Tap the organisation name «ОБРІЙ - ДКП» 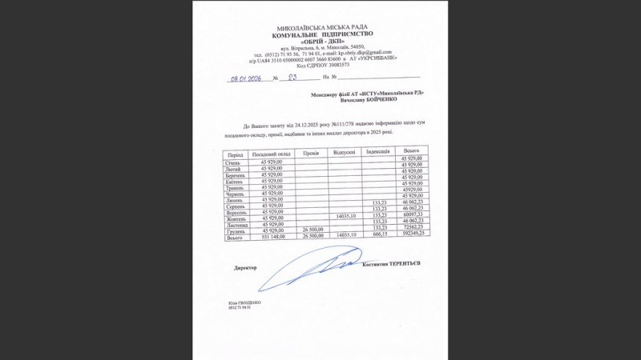(323, 42)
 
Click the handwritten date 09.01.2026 (246, 78)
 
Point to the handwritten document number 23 (292, 78)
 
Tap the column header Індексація (378, 150)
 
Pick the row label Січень (236, 162)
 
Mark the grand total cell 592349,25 (413, 234)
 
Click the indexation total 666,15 (380, 234)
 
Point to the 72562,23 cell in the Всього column (413, 227)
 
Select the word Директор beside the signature (245, 267)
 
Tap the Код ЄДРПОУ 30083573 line (322, 65)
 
